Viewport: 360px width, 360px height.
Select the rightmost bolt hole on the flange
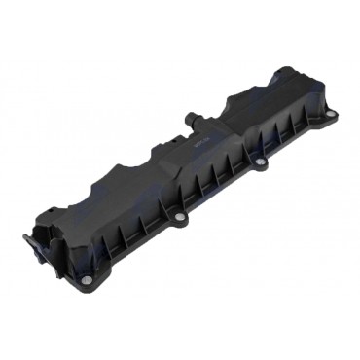[x=330, y=114]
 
